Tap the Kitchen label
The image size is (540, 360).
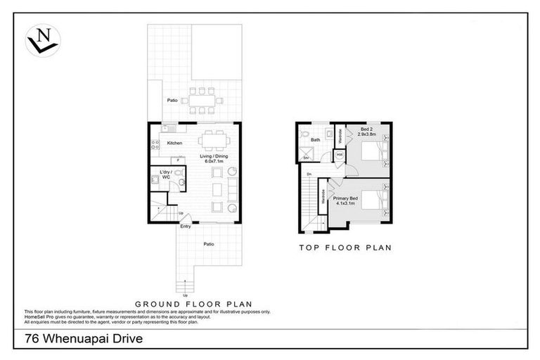click(175, 143)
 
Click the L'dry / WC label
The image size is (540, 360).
click(166, 175)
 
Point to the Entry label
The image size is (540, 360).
click(186, 226)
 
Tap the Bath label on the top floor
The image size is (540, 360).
click(316, 140)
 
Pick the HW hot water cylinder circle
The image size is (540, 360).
click(339, 155)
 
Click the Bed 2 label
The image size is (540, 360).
click(368, 131)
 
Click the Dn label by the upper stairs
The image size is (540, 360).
click(309, 174)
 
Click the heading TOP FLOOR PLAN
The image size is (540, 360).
click(345, 247)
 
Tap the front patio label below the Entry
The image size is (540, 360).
click(209, 244)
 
